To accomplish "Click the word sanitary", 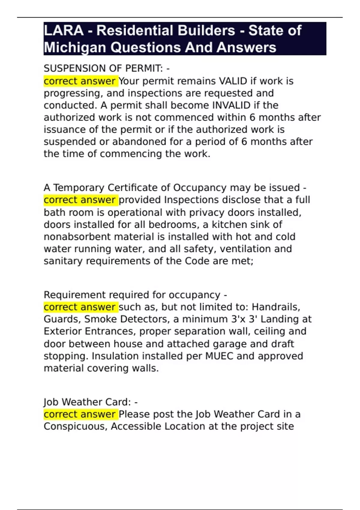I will [63, 261].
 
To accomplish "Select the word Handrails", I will [275, 307].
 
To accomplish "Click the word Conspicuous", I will [76, 426].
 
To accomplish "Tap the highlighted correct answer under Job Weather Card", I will [80, 414].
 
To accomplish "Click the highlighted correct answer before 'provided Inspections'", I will [80, 200].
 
